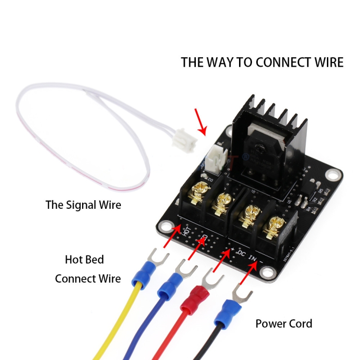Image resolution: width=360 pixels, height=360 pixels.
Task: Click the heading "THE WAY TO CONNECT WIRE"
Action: coord(262,62)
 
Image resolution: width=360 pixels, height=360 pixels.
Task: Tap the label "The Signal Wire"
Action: coord(83,205)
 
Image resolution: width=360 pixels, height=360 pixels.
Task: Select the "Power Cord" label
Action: coord(283,324)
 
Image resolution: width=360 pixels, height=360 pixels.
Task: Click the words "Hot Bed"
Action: coord(84,260)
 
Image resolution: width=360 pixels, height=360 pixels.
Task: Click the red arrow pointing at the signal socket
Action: coord(201,122)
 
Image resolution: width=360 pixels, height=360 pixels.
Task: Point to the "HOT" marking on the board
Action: coord(188,232)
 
